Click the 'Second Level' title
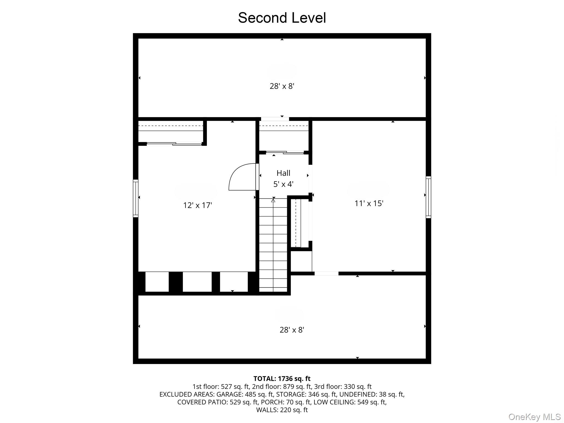(282, 18)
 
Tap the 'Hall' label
(283, 173)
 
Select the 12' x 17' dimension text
(197, 205)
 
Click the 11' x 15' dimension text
(369, 203)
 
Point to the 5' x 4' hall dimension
(283, 184)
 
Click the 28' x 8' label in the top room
(282, 86)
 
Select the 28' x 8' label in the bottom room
(292, 330)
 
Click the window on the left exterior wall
(135, 198)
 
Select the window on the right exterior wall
(428, 197)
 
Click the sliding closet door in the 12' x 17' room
(174, 144)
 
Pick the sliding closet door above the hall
(285, 152)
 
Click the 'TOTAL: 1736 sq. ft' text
(282, 379)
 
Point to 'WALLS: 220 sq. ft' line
(282, 410)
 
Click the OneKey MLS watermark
(534, 417)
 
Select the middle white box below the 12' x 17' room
(197, 282)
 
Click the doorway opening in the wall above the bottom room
(326, 273)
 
